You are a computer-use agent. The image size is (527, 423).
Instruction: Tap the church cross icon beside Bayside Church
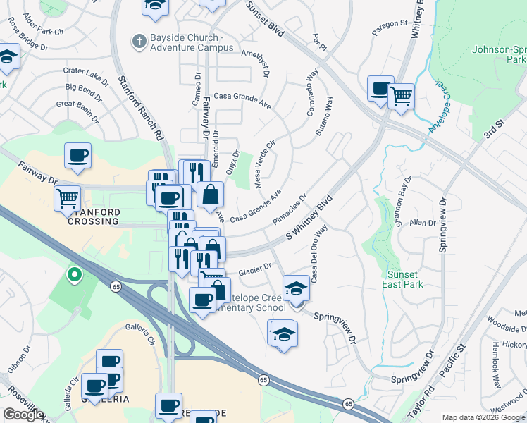(137, 41)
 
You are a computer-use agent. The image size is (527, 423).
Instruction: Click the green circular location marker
(74, 274)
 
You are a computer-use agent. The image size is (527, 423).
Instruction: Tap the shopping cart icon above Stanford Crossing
(68, 199)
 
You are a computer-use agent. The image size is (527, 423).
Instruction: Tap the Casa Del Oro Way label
(317, 254)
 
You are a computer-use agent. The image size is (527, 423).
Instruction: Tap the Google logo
(23, 415)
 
